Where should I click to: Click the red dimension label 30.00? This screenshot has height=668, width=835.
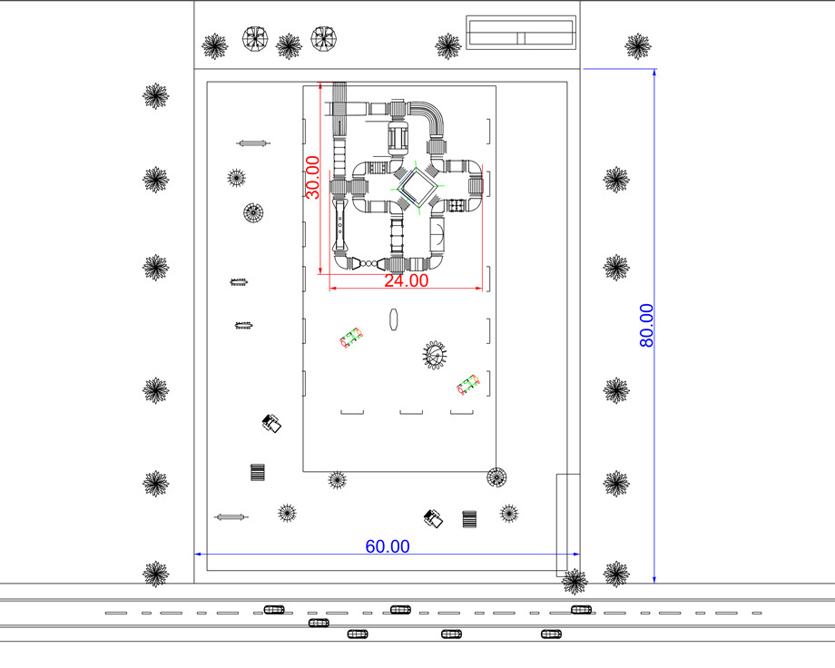312,177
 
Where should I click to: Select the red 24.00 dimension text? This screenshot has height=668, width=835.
407,280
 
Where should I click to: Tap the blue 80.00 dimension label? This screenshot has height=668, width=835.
646,326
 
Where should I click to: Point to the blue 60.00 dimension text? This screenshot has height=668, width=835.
388,546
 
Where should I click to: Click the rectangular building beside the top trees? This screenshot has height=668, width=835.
521,33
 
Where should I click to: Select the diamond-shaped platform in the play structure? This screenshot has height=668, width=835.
418,186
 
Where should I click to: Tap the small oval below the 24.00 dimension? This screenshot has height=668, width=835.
394,319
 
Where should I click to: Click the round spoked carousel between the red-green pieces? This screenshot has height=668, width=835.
435,354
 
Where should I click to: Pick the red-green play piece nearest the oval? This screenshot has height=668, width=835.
351,339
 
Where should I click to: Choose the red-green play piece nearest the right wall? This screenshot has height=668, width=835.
468,385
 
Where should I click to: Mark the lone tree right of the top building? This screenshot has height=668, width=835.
637,46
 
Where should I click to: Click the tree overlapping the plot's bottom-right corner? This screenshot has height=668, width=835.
575,581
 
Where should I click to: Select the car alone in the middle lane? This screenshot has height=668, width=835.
319,623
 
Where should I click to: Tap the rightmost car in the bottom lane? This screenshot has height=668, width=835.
551,634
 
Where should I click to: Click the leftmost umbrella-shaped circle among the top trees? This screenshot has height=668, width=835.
255,39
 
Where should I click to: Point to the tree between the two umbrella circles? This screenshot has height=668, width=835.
289,46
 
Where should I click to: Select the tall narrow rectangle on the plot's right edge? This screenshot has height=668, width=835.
568,526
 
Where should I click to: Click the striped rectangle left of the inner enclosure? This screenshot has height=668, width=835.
258,473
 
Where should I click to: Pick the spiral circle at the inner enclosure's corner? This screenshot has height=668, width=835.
496,476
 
